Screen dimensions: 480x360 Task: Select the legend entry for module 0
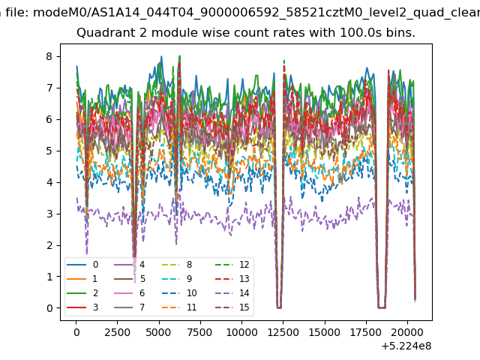click(x=82, y=265)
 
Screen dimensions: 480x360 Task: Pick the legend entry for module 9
click(x=177, y=278)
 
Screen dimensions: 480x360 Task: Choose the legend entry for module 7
click(x=129, y=307)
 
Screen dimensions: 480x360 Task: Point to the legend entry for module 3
click(x=82, y=307)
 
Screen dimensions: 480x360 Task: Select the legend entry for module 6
click(x=129, y=293)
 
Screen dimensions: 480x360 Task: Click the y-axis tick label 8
click(x=49, y=57)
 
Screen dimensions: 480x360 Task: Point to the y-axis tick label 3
click(x=49, y=214)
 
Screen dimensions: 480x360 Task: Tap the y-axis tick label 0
click(x=49, y=308)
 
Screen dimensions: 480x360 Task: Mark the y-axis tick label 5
click(x=49, y=151)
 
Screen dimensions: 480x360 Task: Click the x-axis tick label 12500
click(x=283, y=332)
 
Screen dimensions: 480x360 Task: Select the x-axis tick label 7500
click(x=200, y=332)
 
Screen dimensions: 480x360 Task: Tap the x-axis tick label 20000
click(x=407, y=332)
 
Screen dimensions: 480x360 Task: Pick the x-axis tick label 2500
click(x=118, y=332)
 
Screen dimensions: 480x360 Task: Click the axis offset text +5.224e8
click(x=406, y=346)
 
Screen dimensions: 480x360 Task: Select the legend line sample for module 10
click(x=172, y=293)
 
